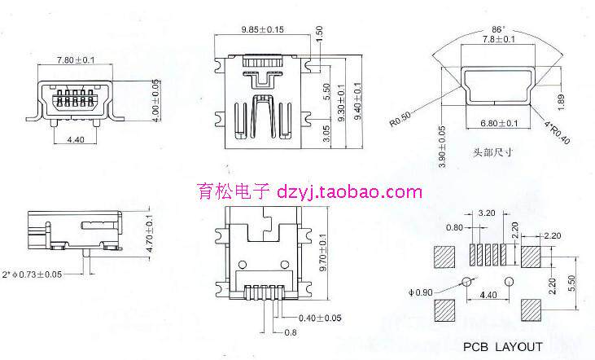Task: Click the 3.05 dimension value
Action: (326, 134)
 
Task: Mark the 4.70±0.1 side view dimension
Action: (149, 233)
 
